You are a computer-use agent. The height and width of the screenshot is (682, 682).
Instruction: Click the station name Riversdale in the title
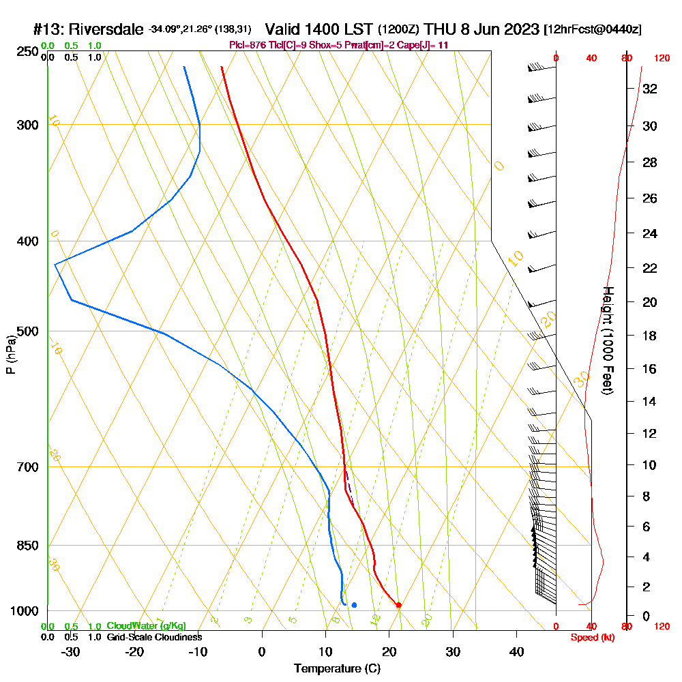tap(106, 30)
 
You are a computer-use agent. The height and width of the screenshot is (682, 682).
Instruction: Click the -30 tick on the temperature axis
tap(71, 652)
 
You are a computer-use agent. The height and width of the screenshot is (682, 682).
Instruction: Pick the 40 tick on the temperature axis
tap(516, 652)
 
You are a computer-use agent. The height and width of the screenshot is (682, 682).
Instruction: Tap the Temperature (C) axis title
tap(337, 669)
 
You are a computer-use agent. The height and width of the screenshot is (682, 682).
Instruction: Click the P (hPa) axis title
tap(10, 354)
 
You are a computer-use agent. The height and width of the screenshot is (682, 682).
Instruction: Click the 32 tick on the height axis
tap(649, 88)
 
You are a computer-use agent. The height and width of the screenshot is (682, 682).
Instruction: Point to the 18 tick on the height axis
tap(649, 336)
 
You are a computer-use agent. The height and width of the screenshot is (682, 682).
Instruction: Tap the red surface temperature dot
tap(399, 605)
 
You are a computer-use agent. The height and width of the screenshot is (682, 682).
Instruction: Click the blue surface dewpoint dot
tap(354, 605)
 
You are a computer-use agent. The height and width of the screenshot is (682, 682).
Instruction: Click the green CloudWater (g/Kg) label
tap(146, 626)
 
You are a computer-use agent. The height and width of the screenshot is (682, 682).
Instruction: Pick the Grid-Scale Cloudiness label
tap(154, 637)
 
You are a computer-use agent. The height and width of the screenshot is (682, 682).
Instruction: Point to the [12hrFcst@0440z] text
tap(592, 30)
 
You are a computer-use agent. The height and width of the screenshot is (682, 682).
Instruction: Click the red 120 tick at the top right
tap(661, 59)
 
